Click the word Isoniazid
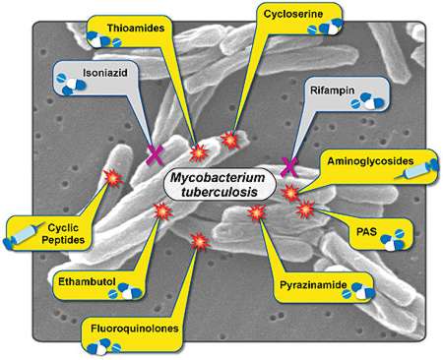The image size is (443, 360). click(105, 73)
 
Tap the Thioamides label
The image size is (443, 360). click(136, 28)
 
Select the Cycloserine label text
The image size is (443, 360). click(293, 14)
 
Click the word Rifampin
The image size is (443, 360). click(333, 90)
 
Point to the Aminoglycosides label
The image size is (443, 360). click(370, 161)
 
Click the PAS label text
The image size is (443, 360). click(366, 232)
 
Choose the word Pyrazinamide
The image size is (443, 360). click(313, 285)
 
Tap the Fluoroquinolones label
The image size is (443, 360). click(135, 329)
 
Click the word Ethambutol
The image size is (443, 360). click(87, 281)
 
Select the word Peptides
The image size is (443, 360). click(63, 240)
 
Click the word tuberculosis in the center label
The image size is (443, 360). click(220, 192)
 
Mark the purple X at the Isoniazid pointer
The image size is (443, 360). click(156, 154)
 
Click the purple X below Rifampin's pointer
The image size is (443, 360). click(289, 167)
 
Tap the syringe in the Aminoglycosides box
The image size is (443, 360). click(416, 169)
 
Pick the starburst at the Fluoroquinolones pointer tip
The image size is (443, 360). click(200, 242)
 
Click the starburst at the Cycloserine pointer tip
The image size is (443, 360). click(230, 140)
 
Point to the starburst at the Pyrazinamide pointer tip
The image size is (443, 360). click(257, 213)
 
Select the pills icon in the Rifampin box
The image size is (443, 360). click(367, 101)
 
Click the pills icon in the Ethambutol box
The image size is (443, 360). click(126, 292)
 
